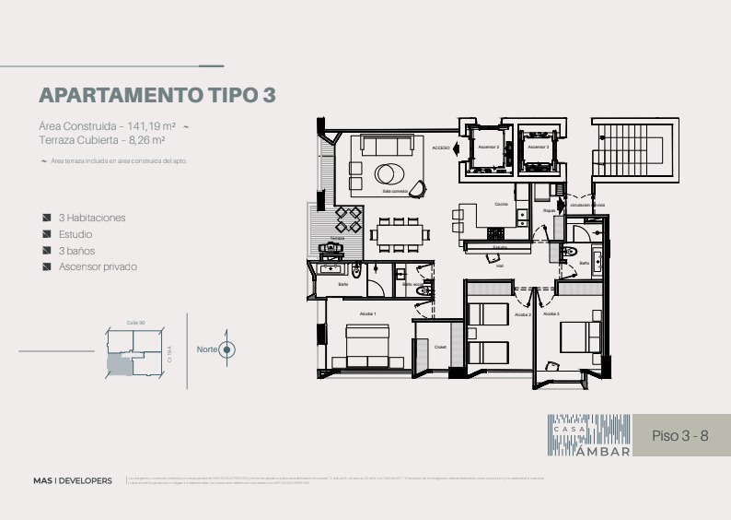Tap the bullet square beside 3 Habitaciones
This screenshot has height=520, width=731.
click(x=47, y=219)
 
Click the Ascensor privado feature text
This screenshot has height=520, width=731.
click(x=98, y=266)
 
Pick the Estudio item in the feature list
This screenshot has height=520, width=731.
click(x=75, y=234)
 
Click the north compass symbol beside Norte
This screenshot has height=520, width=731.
click(x=228, y=349)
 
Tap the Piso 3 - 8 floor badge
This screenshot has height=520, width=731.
click(x=679, y=435)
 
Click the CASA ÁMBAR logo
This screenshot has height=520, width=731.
click(x=590, y=435)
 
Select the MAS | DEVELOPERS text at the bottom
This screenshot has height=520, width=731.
click(x=72, y=480)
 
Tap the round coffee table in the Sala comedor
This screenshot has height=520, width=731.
click(x=389, y=172)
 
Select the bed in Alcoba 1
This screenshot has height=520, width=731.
click(x=367, y=349)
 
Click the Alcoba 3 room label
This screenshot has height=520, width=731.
click(x=551, y=314)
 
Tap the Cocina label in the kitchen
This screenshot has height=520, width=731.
click(x=501, y=204)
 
